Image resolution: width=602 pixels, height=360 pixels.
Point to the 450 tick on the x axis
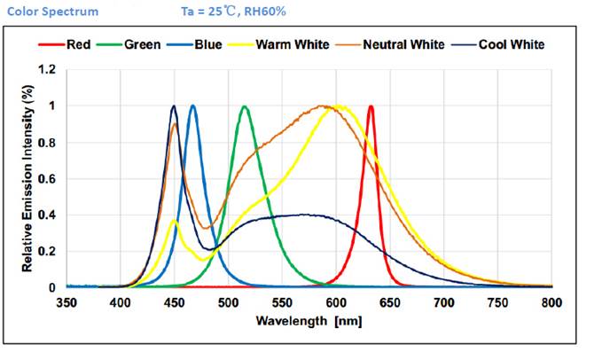(x=175, y=301)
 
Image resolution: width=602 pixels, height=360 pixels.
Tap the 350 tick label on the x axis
(x=67, y=301)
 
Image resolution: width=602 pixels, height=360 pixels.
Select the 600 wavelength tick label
(x=337, y=301)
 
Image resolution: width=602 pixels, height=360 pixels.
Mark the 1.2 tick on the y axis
(x=48, y=69)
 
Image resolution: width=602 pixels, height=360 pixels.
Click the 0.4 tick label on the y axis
(x=48, y=215)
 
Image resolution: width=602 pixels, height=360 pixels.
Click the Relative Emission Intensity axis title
(x=27, y=177)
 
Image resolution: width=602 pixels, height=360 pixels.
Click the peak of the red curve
(x=371, y=106)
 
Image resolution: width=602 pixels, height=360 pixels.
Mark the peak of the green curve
(x=245, y=106)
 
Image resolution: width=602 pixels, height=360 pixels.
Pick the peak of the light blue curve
(x=192, y=106)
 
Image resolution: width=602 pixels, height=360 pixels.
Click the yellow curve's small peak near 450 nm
(x=175, y=221)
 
